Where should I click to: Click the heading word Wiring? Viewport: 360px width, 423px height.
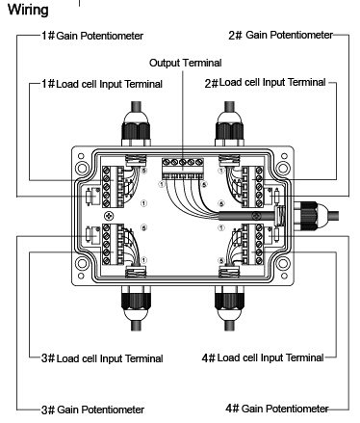30,11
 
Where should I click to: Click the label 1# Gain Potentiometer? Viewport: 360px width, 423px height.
92,36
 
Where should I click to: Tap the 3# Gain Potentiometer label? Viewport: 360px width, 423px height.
92,409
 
